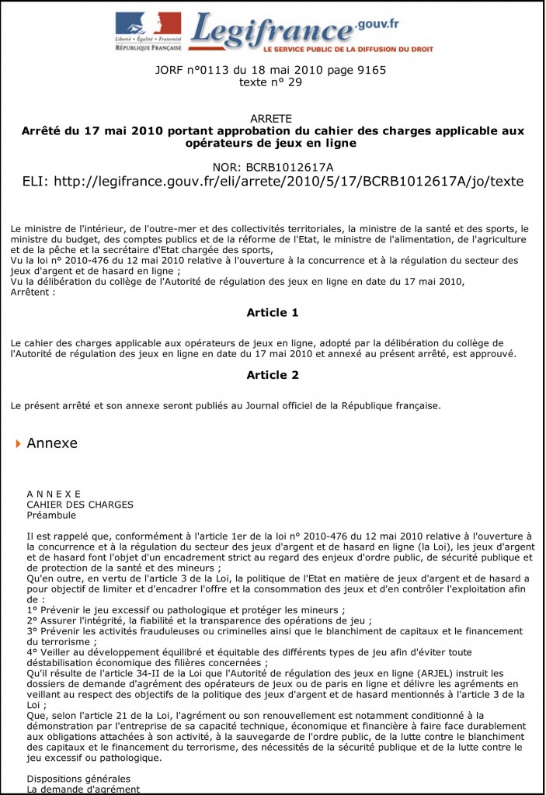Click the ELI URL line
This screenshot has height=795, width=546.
[273, 182]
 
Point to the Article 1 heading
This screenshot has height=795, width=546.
[273, 313]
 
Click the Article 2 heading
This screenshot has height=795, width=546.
[273, 375]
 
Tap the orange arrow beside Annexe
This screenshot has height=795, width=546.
[18, 443]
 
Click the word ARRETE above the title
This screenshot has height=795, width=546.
[272, 119]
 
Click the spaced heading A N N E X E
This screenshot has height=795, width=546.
[54, 494]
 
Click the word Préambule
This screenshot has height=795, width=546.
[51, 515]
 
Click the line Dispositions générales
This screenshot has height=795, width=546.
[78, 778]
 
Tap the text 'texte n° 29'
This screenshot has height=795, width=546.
[272, 82]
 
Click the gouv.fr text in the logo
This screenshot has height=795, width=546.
[378, 23]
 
